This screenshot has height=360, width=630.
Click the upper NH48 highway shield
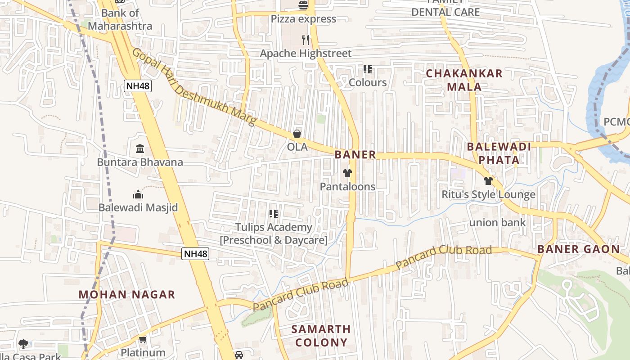coord(138,86)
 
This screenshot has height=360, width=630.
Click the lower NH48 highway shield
coord(196,254)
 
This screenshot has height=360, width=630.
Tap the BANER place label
coord(355,155)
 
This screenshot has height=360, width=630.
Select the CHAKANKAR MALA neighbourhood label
coord(464,80)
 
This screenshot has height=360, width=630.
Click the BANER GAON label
coord(578,249)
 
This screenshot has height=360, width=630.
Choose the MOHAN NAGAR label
coord(126,295)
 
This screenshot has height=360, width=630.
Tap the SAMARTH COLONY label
coord(321,336)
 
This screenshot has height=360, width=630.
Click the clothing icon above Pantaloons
coord(347,173)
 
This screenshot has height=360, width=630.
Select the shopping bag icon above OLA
coord(297,134)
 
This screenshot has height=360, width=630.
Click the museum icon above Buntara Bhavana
coord(140,148)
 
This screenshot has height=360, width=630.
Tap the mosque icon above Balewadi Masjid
coord(138,194)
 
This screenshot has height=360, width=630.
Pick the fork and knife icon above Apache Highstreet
coord(306,40)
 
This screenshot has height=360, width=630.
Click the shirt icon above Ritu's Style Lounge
coord(488,181)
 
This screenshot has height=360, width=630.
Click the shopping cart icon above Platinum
coord(143,340)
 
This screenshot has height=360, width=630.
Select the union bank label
coord(497,222)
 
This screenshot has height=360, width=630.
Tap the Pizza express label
coord(303,19)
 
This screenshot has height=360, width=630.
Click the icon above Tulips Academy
coord(273,214)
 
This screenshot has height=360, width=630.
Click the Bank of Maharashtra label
coord(120,19)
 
